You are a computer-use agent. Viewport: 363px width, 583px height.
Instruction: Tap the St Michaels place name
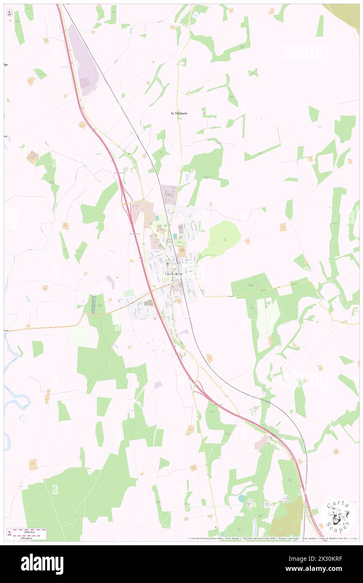[179, 113]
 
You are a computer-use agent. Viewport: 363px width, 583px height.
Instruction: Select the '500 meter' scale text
[27, 537]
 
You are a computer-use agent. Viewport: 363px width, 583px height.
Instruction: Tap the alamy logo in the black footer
[42, 564]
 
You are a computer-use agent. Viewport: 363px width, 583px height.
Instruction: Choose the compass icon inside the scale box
[10, 534]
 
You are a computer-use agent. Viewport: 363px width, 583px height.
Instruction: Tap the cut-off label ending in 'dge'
[6, 64]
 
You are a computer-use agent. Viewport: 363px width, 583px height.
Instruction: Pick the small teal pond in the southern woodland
[242, 499]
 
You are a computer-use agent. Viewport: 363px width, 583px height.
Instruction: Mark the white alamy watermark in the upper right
[304, 53]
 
